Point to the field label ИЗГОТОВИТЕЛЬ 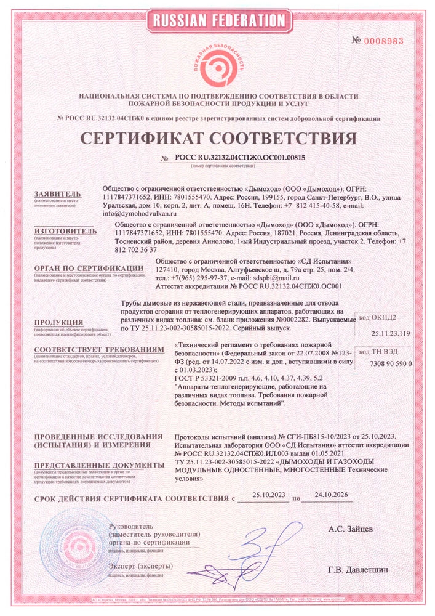[x=65, y=231]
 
